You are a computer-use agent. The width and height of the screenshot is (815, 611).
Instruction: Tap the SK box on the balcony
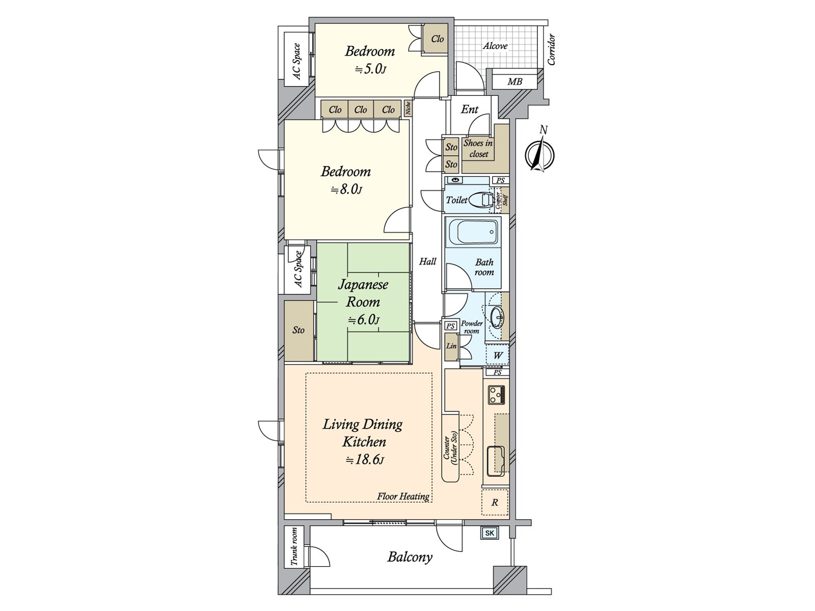point(490,533)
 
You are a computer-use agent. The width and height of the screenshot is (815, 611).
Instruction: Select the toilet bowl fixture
point(480,200)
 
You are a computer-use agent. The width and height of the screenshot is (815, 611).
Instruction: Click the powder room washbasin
point(497,318)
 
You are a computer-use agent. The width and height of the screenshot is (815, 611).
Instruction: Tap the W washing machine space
point(498,356)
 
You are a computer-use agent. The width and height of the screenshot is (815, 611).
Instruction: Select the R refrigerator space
point(495,503)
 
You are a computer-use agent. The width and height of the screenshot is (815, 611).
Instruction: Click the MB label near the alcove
point(514,81)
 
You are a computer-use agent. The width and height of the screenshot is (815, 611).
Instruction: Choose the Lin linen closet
point(451,347)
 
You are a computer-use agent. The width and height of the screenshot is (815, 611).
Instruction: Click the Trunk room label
point(294,547)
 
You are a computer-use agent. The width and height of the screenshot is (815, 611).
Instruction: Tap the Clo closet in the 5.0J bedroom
point(437,39)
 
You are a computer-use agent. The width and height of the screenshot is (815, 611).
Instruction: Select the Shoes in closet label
point(478,148)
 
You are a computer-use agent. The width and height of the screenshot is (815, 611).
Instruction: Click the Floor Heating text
point(403,496)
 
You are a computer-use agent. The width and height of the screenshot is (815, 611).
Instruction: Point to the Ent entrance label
point(469,109)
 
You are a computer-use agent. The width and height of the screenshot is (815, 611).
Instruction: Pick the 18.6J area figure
point(364,460)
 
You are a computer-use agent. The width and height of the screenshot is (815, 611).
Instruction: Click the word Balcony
point(410,558)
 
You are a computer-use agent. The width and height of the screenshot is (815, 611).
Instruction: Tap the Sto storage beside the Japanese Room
point(298,330)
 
